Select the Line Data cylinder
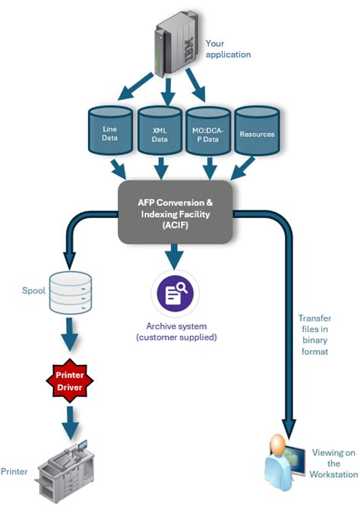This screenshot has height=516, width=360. [111, 133]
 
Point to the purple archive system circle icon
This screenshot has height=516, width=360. [175, 293]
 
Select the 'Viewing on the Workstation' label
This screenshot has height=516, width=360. [333, 463]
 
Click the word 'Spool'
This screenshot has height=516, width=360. [33, 290]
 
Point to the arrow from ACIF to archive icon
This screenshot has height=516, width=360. [175, 254]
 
